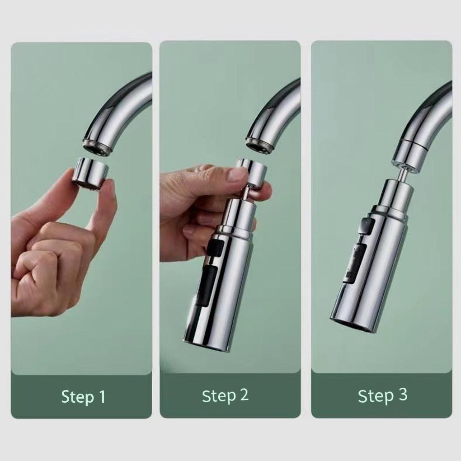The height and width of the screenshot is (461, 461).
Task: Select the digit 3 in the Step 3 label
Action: tap(403, 395)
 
